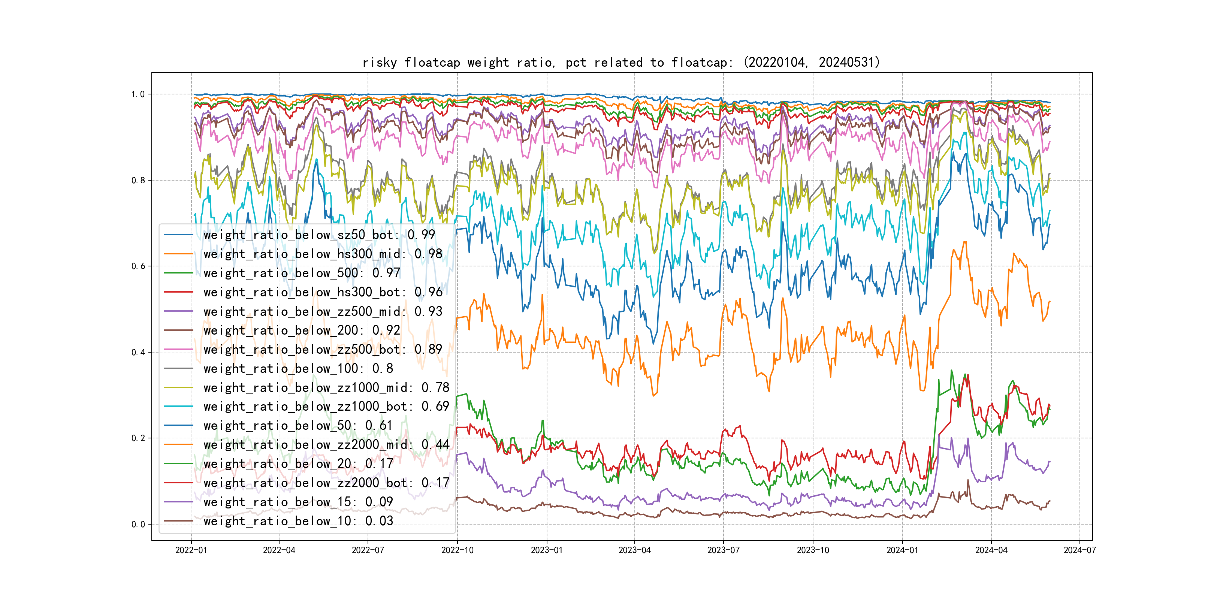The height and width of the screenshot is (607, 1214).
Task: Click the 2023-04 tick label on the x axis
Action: [x=634, y=550]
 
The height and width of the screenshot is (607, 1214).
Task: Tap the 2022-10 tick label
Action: [x=457, y=550]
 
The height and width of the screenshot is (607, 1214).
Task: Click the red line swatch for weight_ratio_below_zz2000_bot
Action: [x=179, y=483]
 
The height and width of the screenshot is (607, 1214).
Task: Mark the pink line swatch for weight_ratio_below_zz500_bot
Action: [x=179, y=350]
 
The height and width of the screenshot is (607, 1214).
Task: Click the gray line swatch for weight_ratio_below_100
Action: [x=179, y=369]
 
